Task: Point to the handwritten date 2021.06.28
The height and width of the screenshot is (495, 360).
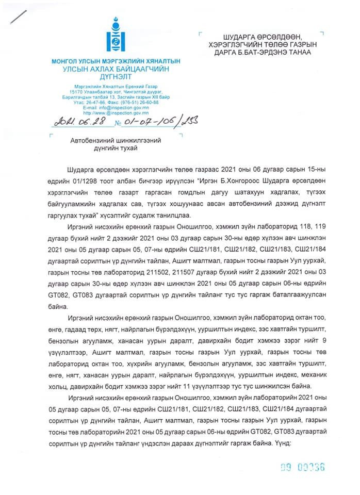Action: pyautogui.click(x=76, y=122)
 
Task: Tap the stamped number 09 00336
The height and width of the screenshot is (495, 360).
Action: pyautogui.click(x=302, y=467)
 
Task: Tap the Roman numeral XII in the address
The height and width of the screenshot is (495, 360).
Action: pyautogui.click(x=154, y=97)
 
